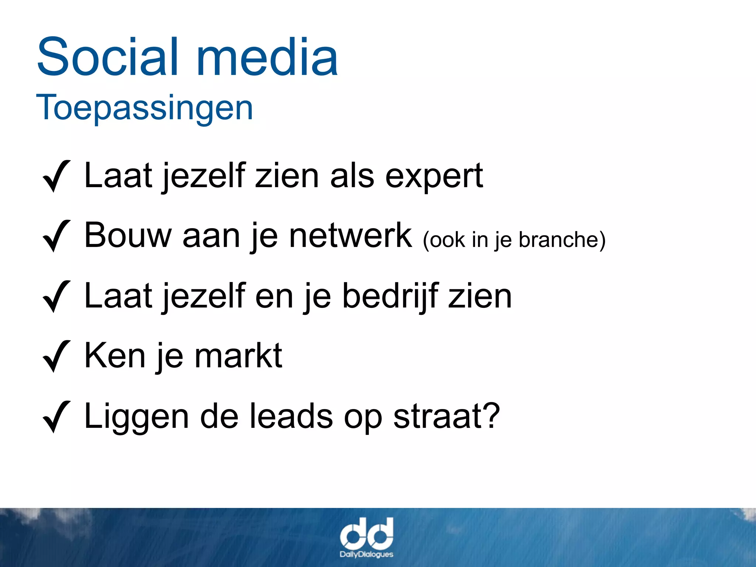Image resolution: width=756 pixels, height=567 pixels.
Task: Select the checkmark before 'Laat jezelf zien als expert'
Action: pyautogui.click(x=56, y=176)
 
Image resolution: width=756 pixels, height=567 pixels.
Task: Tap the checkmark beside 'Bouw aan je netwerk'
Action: pyautogui.click(x=56, y=236)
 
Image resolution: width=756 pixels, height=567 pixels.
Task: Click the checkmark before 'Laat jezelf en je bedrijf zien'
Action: pyautogui.click(x=56, y=296)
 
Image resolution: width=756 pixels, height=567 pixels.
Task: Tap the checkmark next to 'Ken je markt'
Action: pyautogui.click(x=56, y=356)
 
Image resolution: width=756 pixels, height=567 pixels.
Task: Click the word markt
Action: pyautogui.click(x=238, y=356)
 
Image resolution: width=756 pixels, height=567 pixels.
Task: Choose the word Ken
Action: pyautogui.click(x=115, y=356)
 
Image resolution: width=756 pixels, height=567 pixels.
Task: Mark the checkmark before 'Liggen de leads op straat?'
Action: pyautogui.click(x=56, y=417)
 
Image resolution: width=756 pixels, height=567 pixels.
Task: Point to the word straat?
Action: pyautogui.click(x=446, y=417)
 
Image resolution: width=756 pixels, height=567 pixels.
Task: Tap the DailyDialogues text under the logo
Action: pyautogui.click(x=366, y=554)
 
